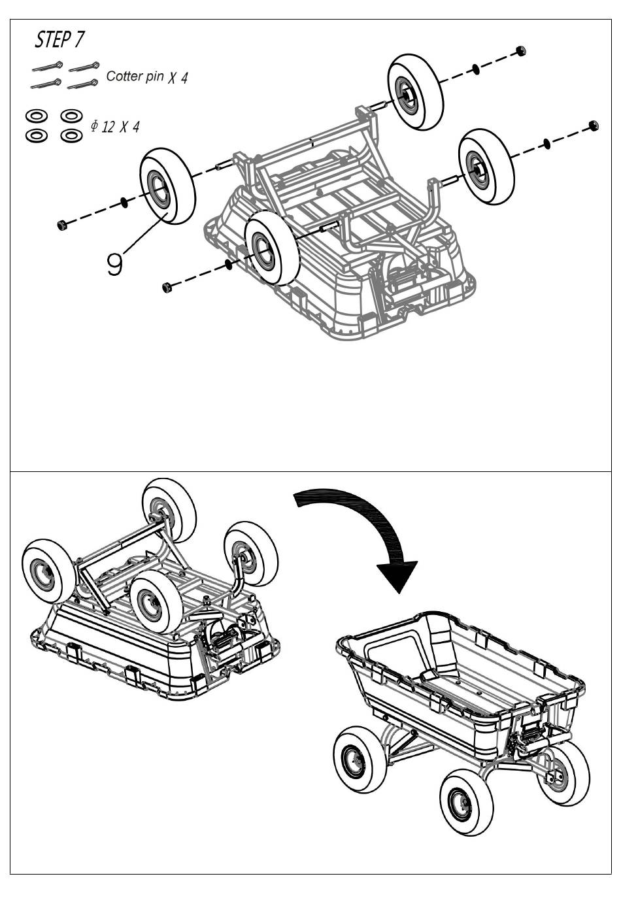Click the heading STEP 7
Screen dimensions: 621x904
[x=59, y=40]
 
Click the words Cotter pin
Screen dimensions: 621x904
[x=135, y=76]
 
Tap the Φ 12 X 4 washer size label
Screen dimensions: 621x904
[x=115, y=127]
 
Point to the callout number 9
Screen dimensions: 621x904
[x=114, y=263]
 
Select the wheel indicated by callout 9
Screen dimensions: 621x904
[x=168, y=186]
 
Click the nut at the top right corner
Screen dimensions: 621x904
[x=521, y=51]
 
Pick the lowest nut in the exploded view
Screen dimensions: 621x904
[x=167, y=288]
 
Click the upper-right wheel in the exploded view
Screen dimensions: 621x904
[x=415, y=92]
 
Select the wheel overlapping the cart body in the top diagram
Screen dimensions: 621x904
[x=272, y=247]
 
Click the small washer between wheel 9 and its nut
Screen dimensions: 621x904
[x=124, y=202]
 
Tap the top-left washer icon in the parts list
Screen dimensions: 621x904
[x=37, y=116]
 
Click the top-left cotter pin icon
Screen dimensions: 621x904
[x=48, y=67]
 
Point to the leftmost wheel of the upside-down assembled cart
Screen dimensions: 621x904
[x=48, y=572]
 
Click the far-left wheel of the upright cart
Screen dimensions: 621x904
[x=360, y=759]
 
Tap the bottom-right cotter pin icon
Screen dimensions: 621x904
[x=83, y=84]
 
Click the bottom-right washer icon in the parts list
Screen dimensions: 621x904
[x=72, y=135]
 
